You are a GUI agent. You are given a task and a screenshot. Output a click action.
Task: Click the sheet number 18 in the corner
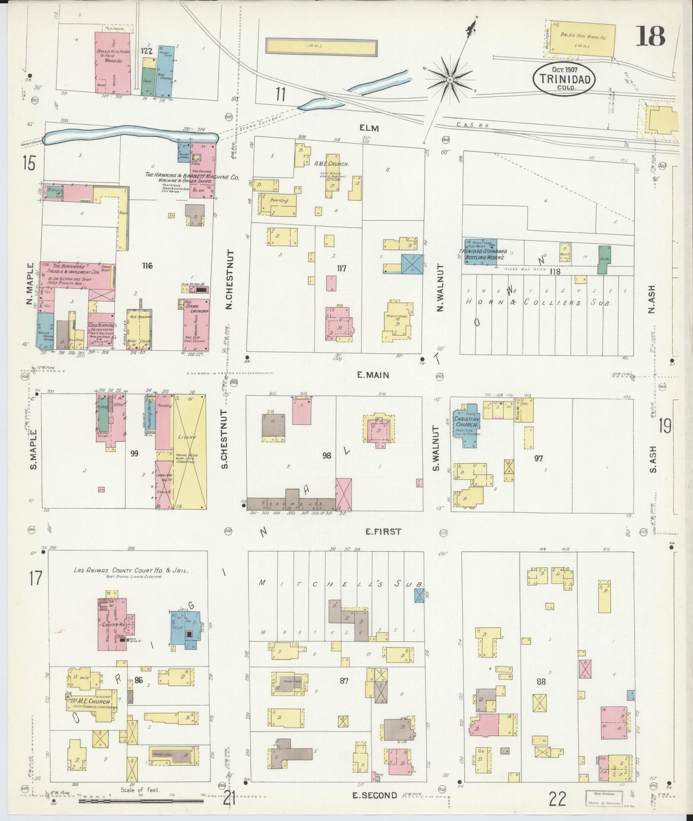coord(650,36)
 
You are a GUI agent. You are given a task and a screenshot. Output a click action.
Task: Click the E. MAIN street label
coord(373,375)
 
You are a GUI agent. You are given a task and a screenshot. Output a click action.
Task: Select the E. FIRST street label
coord(383,531)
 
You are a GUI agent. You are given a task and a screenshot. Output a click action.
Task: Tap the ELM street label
coord(369,128)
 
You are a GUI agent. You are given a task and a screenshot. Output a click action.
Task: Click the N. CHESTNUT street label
coord(229,279)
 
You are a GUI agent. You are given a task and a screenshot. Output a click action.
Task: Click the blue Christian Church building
coord(467,422)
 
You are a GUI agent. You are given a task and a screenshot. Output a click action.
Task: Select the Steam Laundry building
coord(196,324)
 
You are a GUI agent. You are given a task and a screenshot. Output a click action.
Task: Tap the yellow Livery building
coord(189,450)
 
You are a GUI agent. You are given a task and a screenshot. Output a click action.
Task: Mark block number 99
coord(134,453)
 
